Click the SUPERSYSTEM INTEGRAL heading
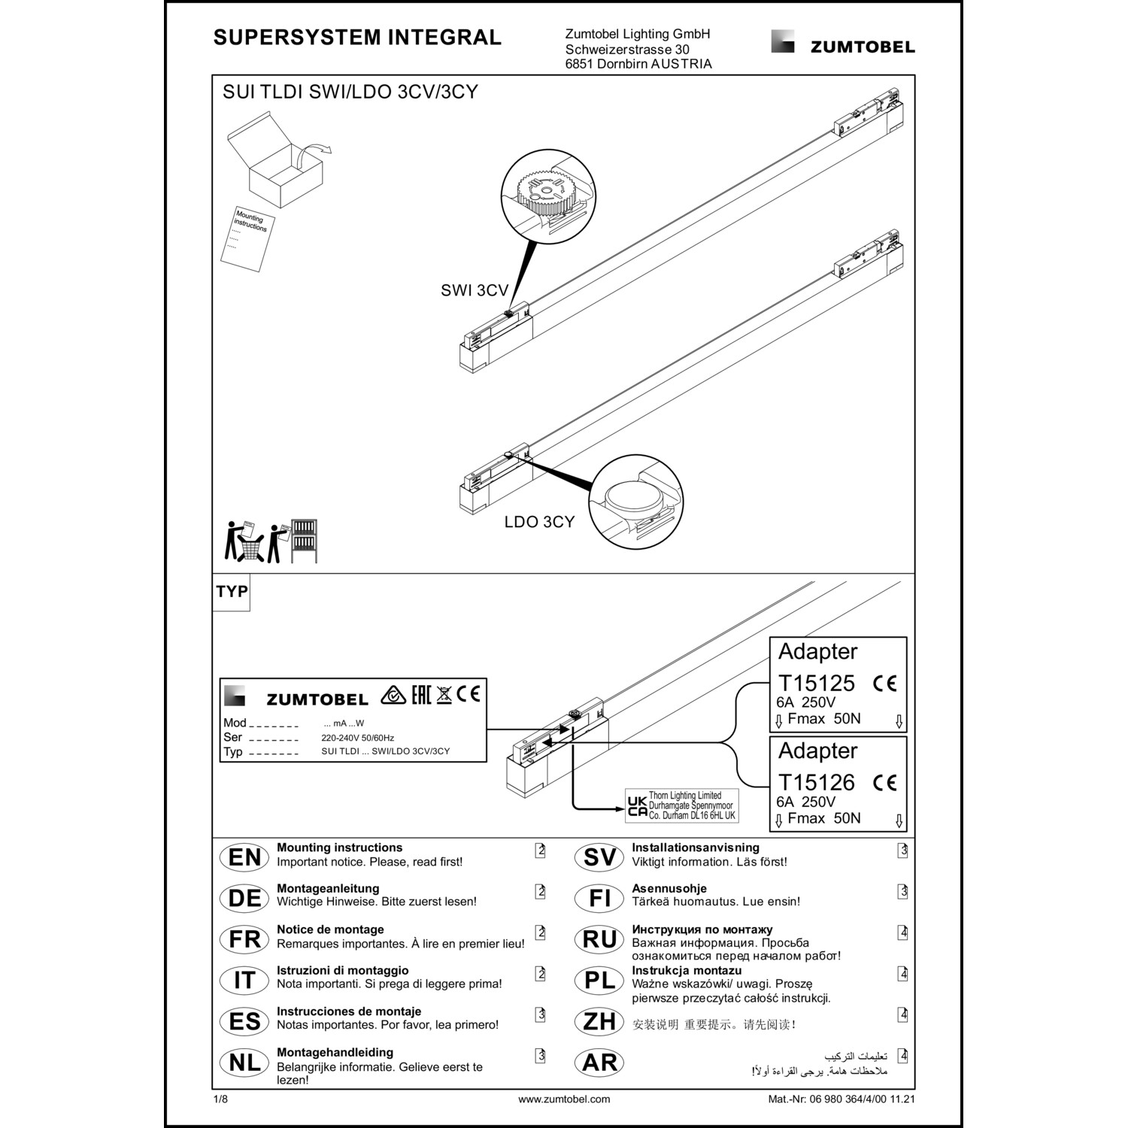pyautogui.click(x=357, y=38)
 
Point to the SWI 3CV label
pyautogui.click(x=475, y=291)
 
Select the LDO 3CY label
pyautogui.click(x=539, y=522)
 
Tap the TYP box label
pyautogui.click(x=232, y=592)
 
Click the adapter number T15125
pyautogui.click(x=816, y=684)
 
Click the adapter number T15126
pyautogui.click(x=816, y=783)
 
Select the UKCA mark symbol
pyautogui.click(x=636, y=805)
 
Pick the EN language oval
pyautogui.click(x=244, y=857)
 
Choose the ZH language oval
pyautogui.click(x=599, y=1021)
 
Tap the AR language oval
pyautogui.click(x=599, y=1063)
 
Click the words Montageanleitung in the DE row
pyautogui.click(x=328, y=888)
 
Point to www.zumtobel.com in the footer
pyautogui.click(x=564, y=1099)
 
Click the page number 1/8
pyautogui.click(x=220, y=1099)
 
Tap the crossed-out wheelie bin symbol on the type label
pyautogui.click(x=444, y=694)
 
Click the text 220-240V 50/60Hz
pyautogui.click(x=357, y=738)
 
